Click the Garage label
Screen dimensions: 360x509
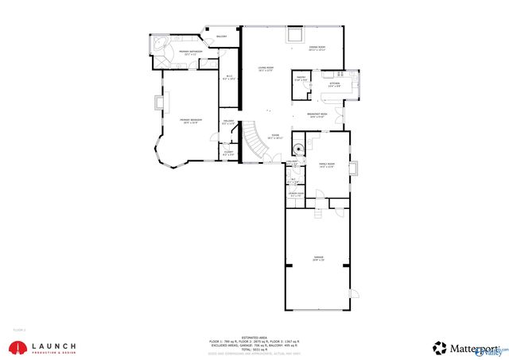coord(318,259)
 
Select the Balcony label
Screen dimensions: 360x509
coord(221,37)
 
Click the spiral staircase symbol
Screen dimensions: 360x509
coord(298,149)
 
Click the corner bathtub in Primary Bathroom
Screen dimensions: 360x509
coord(159,44)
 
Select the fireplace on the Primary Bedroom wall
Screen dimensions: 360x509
coord(158,101)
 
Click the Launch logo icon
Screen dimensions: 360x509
coord(15,347)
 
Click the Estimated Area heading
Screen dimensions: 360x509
coord(254,336)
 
